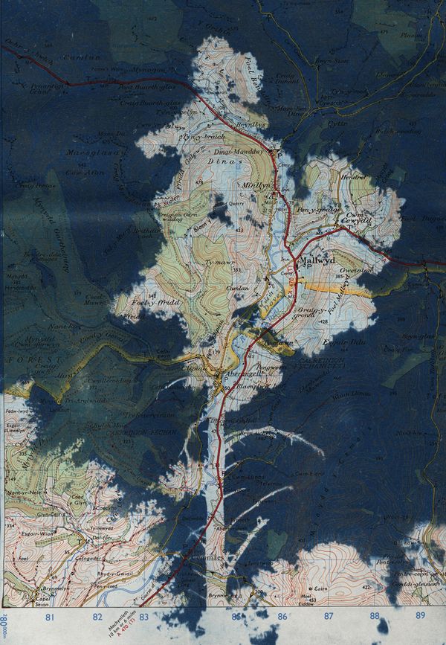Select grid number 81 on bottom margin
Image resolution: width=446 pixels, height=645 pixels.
[51, 616]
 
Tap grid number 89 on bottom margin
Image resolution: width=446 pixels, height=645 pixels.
[421, 616]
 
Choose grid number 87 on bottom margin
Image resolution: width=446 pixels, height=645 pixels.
[328, 616]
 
